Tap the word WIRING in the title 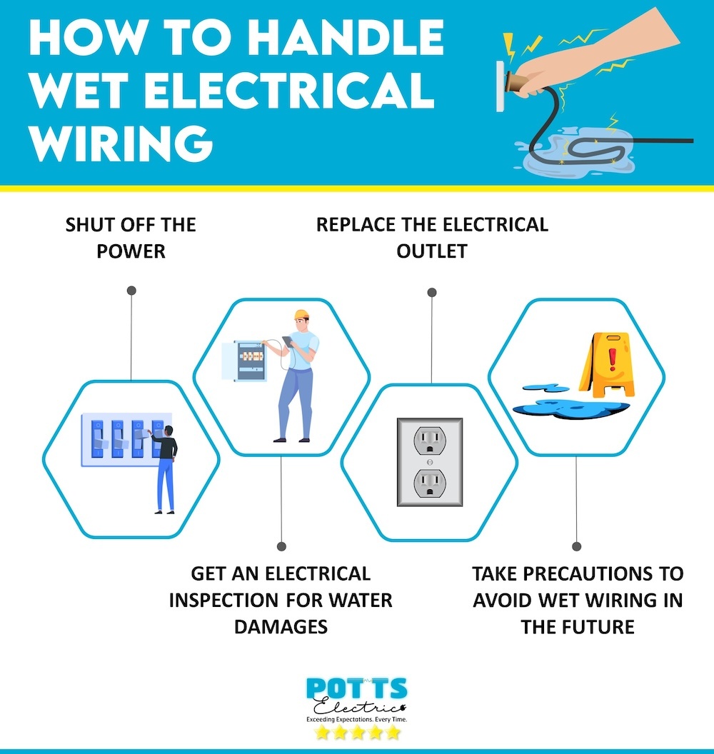pyautogui.click(x=121, y=141)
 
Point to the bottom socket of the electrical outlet pyautogui.click(x=430, y=483)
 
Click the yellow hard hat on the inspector pyautogui.click(x=301, y=314)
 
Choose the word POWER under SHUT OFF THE pyautogui.click(x=130, y=251)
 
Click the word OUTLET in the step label pyautogui.click(x=432, y=251)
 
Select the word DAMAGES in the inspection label pyautogui.click(x=281, y=626)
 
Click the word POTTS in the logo pyautogui.click(x=356, y=690)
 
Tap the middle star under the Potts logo pyautogui.click(x=356, y=733)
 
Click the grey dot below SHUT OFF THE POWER pyautogui.click(x=131, y=291)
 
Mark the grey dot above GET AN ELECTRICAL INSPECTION pyautogui.click(x=281, y=546)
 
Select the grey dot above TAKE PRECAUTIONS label pyautogui.click(x=577, y=546)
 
